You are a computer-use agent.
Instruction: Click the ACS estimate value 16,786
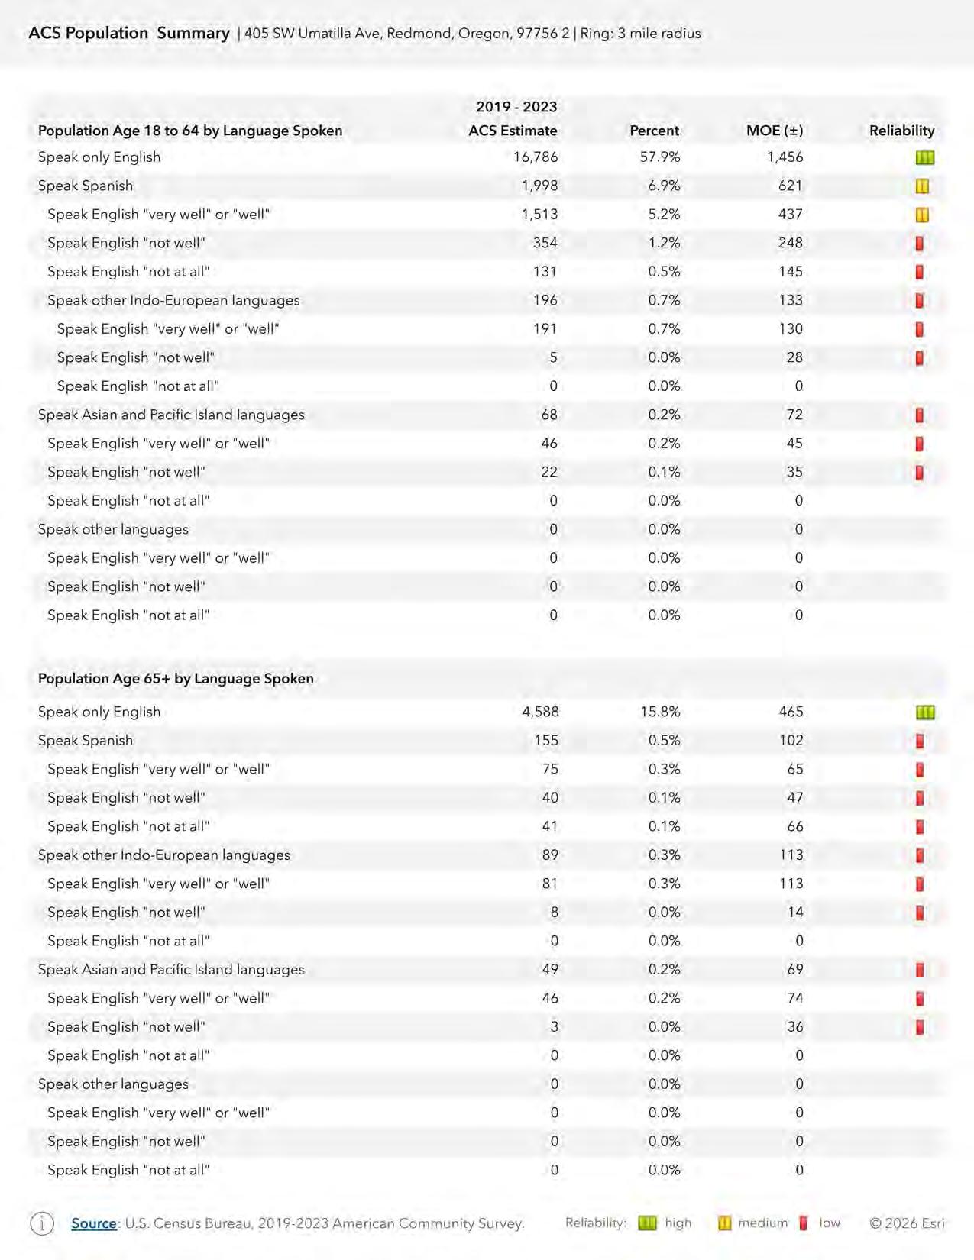536,157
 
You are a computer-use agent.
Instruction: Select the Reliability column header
901,131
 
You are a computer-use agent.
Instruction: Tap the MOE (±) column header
774,131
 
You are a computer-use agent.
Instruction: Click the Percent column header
654,131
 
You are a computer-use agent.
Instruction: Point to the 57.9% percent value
659,157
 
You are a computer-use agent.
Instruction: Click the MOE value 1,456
785,157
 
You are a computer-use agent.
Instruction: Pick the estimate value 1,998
539,186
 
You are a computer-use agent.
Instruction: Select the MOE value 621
790,186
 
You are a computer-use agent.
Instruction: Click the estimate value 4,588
540,712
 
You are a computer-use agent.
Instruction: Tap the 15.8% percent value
659,712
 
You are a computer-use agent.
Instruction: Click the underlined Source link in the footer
94,1223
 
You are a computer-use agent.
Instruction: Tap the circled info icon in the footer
42,1223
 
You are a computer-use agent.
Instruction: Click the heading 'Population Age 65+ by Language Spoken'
176,678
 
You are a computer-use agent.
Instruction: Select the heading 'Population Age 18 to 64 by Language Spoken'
190,131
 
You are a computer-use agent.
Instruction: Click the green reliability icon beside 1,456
924,158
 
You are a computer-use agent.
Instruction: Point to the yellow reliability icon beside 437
922,215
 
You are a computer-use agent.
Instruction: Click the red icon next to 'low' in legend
804,1223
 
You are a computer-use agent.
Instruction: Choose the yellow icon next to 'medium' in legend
724,1223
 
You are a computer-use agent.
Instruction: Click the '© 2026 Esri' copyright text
907,1223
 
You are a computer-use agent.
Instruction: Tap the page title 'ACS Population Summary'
129,33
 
